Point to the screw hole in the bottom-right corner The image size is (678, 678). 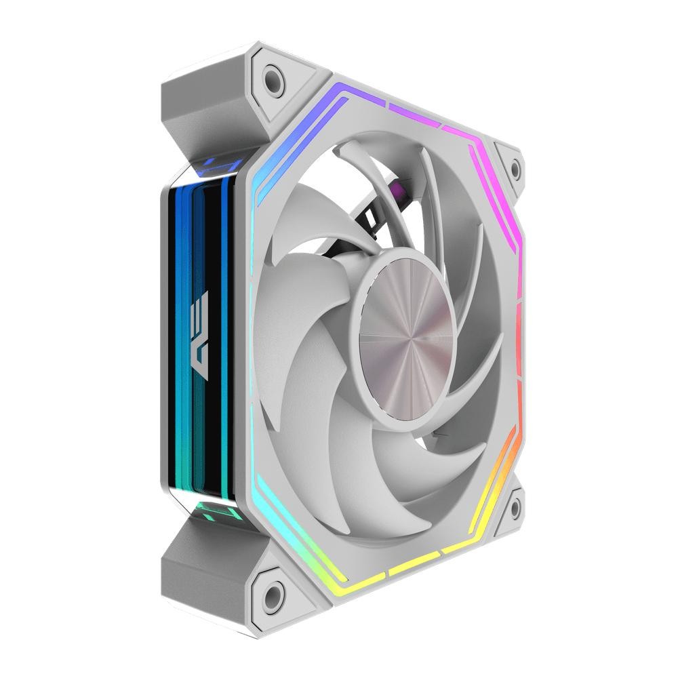[515, 505]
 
